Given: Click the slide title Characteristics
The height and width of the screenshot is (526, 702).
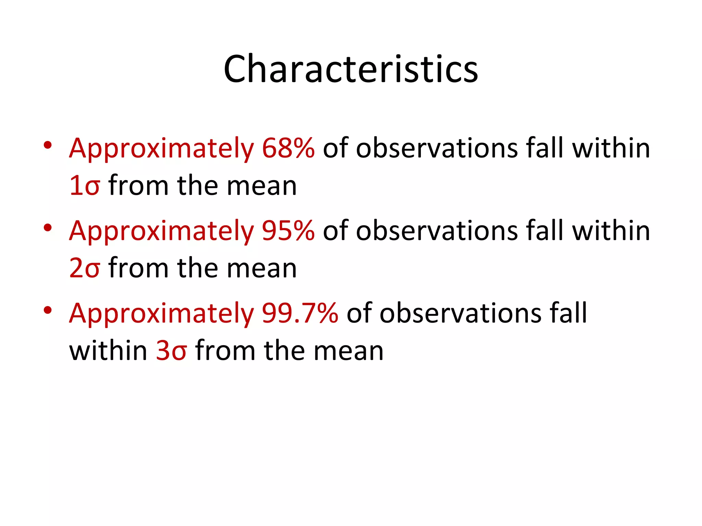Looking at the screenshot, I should (351, 69).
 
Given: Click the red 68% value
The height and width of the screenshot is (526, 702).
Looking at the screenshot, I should (288, 148).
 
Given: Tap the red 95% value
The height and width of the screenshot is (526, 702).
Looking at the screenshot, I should (288, 231).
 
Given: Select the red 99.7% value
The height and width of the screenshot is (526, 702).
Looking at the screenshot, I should (300, 313).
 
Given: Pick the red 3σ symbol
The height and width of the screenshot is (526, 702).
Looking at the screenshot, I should (171, 351).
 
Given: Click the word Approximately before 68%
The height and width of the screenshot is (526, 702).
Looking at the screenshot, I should (161, 149).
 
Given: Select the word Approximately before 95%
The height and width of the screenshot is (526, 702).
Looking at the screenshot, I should (161, 232).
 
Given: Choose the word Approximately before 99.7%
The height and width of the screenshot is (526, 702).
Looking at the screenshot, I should (161, 314).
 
